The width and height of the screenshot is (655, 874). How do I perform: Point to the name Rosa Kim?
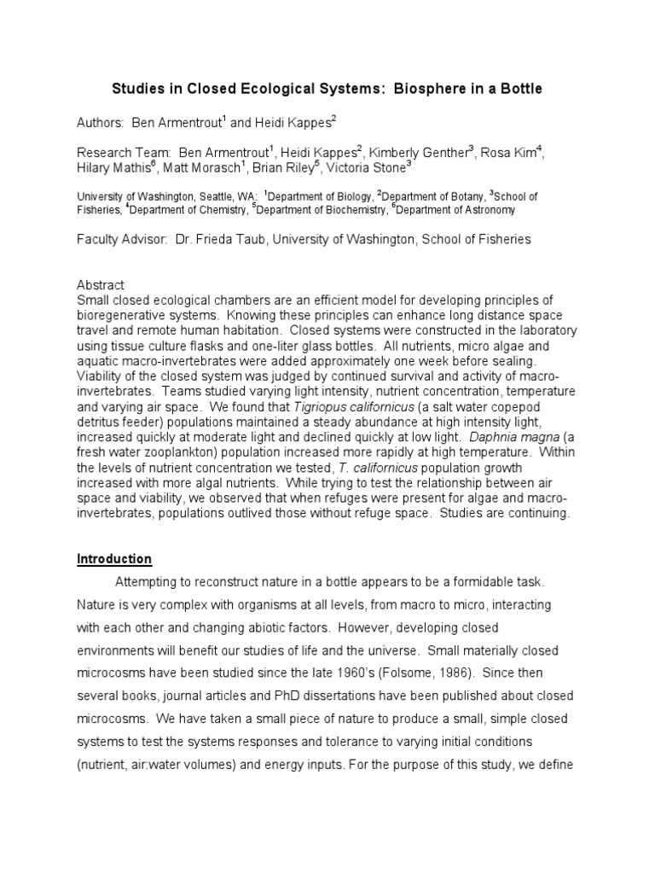coord(509,154)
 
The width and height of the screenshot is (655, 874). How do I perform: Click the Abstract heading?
coord(101,285)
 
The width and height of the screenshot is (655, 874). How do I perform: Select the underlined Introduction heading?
coord(114,559)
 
